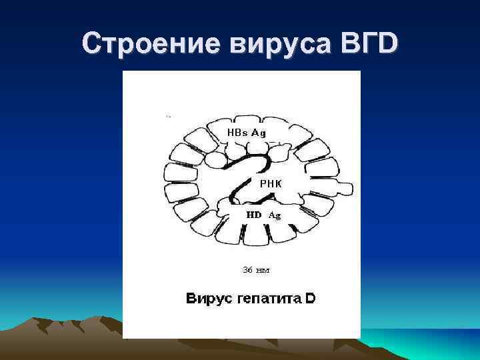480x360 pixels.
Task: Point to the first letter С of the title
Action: (91, 44)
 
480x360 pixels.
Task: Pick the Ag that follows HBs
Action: (259, 133)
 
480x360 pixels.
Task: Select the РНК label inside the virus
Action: (271, 182)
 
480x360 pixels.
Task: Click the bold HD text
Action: (255, 215)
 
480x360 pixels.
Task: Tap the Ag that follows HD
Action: (275, 215)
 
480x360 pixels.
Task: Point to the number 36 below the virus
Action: (247, 270)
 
